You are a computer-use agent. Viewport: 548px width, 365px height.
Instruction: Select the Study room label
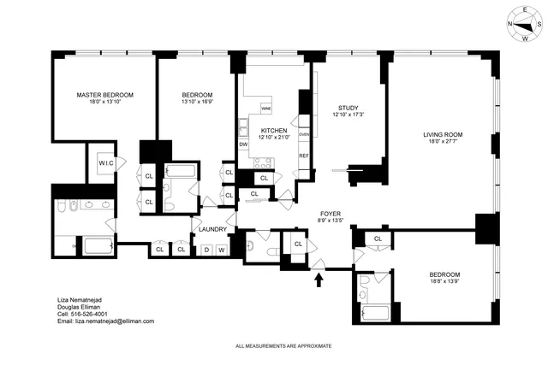pyautogui.click(x=347, y=107)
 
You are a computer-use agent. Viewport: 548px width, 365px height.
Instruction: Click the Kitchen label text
pyautogui.click(x=273, y=130)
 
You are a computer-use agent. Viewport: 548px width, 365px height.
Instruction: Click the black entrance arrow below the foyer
pyautogui.click(x=319, y=276)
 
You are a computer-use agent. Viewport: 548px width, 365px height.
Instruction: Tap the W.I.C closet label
pyautogui.click(x=106, y=163)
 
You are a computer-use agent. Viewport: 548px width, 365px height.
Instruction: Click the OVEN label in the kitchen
pyautogui.click(x=304, y=133)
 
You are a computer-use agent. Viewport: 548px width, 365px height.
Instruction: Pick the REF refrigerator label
pyautogui.click(x=303, y=156)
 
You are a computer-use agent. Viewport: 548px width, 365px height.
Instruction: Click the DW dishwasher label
pyautogui.click(x=243, y=144)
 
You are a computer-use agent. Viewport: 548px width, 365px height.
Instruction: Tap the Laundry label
pyautogui.click(x=211, y=229)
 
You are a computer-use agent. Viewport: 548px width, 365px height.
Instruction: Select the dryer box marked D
pyautogui.click(x=205, y=250)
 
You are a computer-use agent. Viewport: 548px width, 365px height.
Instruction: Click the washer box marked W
pyautogui.click(x=221, y=250)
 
